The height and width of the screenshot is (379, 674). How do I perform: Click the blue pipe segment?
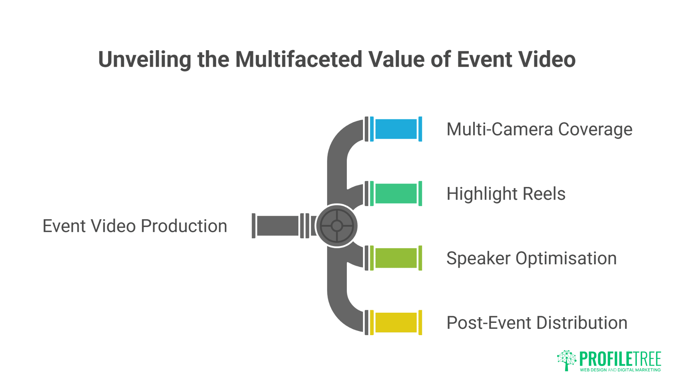(396, 129)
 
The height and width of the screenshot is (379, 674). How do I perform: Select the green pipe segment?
(396, 194)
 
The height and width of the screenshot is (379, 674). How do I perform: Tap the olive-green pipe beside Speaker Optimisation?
(396, 258)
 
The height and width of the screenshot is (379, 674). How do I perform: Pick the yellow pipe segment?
(396, 323)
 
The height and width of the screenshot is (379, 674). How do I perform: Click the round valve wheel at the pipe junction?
(337, 226)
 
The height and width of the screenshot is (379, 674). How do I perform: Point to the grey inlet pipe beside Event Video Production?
(277, 226)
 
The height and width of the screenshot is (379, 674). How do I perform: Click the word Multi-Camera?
(500, 129)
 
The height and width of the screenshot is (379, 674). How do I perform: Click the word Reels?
(544, 194)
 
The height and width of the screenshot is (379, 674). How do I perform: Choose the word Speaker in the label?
(478, 259)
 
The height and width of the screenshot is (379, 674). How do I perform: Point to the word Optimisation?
(566, 259)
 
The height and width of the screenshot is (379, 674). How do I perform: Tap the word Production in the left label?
(184, 226)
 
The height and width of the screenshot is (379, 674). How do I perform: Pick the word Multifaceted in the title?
(298, 59)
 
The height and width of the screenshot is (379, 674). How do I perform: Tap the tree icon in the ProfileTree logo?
(566, 360)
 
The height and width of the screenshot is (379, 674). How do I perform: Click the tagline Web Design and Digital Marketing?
(620, 370)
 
